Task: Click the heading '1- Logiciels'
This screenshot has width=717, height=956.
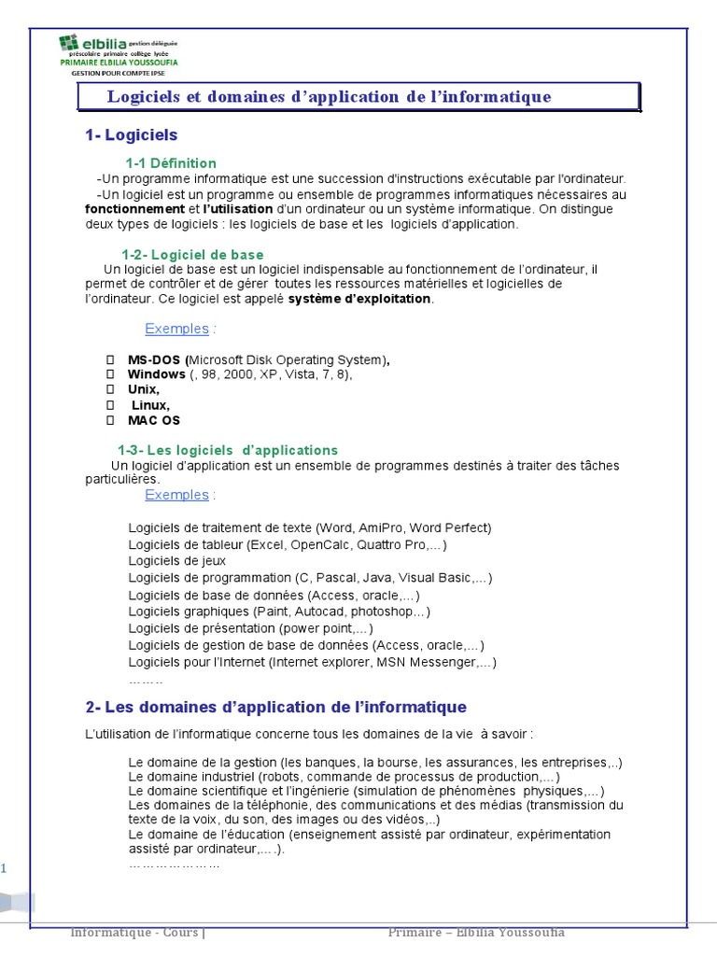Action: coord(131,135)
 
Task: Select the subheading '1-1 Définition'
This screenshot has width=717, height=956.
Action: coord(171,163)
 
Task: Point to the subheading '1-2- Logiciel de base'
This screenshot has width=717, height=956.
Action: coord(192,255)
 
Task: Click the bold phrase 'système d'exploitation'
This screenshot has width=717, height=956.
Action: coord(359,299)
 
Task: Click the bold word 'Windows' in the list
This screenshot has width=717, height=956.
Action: coord(156,374)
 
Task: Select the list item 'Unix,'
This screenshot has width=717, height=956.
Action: coord(144,389)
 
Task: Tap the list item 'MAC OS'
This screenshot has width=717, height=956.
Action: coord(154,420)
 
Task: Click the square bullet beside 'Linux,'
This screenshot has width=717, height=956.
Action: coord(110,405)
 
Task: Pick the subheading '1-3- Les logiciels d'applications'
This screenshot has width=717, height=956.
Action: coord(227,450)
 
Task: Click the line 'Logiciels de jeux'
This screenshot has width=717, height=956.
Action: coord(177,561)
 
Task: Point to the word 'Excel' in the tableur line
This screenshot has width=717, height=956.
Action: coord(267,544)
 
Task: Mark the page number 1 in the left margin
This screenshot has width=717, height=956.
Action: coord(4,869)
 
